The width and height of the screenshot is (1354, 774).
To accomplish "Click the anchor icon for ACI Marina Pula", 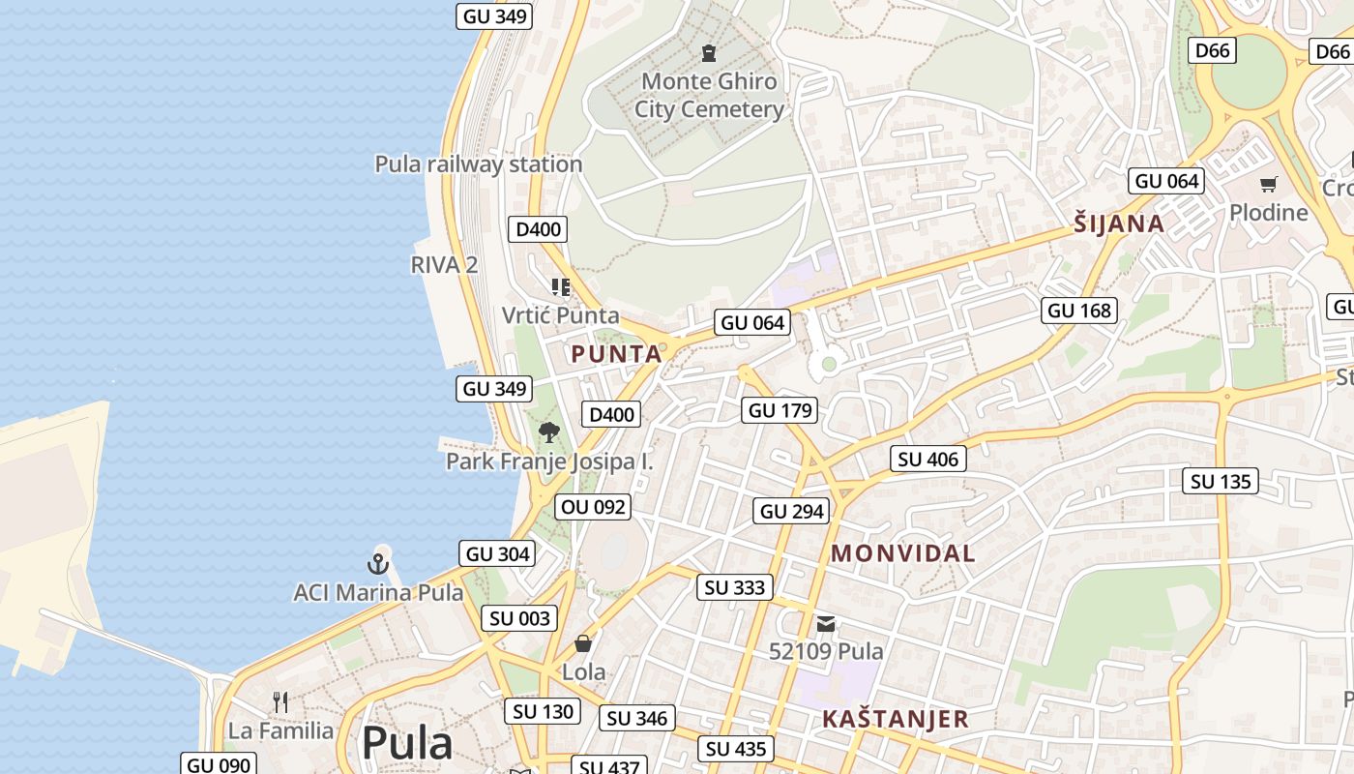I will (x=378, y=563).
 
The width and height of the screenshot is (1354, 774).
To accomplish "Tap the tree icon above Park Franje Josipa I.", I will (x=549, y=432).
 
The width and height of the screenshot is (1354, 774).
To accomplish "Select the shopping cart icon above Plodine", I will (x=1268, y=184).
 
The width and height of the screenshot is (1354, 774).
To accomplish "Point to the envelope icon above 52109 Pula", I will (x=826, y=624).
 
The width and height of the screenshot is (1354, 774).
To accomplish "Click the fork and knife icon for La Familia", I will (x=280, y=701).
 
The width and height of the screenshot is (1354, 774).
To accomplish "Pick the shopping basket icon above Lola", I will (x=583, y=643).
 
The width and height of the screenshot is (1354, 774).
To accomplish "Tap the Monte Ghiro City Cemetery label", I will (x=709, y=95).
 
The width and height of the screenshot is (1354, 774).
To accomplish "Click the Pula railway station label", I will (x=479, y=164).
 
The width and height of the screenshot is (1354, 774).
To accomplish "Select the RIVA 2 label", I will (x=444, y=264).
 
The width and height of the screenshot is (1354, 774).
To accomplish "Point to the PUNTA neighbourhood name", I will (x=616, y=354).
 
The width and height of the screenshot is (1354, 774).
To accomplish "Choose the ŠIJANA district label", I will (x=1119, y=223).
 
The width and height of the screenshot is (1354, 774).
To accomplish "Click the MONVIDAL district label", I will (x=903, y=553).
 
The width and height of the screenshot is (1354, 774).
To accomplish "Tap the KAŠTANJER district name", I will (x=895, y=719).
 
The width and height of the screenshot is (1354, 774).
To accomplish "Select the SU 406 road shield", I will (x=927, y=459).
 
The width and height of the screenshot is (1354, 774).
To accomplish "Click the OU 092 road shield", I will (x=594, y=506).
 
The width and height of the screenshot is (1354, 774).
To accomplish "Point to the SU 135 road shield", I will (x=1221, y=481).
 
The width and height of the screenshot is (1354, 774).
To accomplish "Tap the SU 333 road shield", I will (x=735, y=587).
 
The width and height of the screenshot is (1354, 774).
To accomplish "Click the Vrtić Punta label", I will (x=560, y=314).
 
